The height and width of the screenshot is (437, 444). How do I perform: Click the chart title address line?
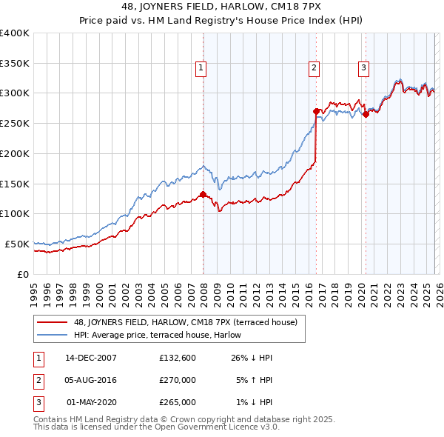click(222, 8)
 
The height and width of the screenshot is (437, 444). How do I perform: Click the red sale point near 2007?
click(203, 195)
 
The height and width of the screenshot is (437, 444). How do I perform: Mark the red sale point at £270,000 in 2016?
click(317, 111)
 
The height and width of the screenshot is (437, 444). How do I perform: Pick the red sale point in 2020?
click(366, 114)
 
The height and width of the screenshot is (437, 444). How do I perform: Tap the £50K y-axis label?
click(17, 244)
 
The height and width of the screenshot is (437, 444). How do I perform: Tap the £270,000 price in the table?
click(178, 380)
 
